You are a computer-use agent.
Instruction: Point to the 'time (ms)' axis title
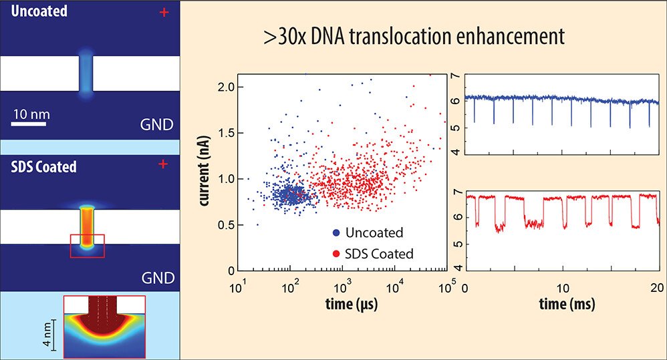point(564,305)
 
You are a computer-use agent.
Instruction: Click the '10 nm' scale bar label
point(31,114)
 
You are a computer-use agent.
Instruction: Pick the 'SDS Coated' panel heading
point(44,167)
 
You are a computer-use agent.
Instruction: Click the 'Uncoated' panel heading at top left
point(38,11)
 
